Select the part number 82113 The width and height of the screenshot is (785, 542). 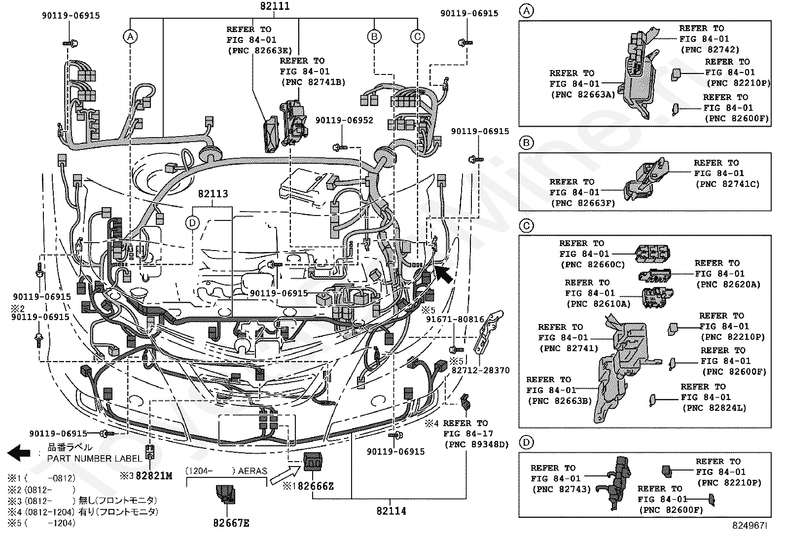click(213, 194)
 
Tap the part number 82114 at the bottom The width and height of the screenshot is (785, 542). click(391, 511)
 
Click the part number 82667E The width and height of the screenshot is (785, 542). click(231, 523)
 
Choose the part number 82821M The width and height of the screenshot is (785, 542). click(154, 476)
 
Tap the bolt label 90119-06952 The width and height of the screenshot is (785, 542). click(344, 120)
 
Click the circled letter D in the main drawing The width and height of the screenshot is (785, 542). click(192, 223)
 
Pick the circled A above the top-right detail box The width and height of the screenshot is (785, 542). click(527, 11)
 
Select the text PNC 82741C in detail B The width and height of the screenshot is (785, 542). click(727, 184)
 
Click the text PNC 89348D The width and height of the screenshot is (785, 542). click(476, 444)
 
